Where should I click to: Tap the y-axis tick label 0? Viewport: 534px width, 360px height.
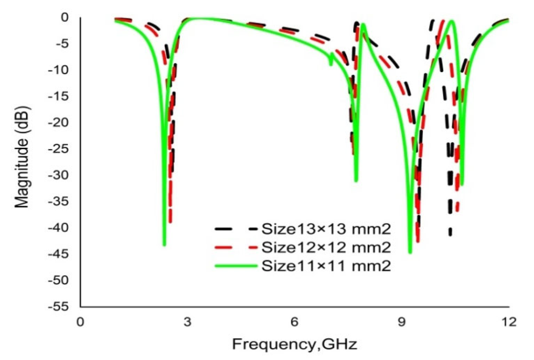pos(65,17)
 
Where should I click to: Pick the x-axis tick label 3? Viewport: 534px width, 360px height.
pos(187,322)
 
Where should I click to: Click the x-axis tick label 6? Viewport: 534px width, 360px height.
pos(294,322)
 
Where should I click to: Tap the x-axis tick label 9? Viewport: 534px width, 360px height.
pos(402,322)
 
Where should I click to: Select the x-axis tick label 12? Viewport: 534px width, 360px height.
pos(508,322)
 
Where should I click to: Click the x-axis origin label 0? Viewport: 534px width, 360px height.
pos(80,322)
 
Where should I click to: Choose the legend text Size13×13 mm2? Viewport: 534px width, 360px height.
pos(326,229)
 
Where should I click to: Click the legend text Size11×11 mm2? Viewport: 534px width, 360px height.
pos(326,266)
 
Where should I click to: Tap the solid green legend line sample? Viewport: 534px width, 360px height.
pos(236,266)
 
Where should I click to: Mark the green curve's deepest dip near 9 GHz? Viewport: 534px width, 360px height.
pos(410,252)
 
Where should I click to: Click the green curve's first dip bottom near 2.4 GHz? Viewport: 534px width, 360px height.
pos(164,244)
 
